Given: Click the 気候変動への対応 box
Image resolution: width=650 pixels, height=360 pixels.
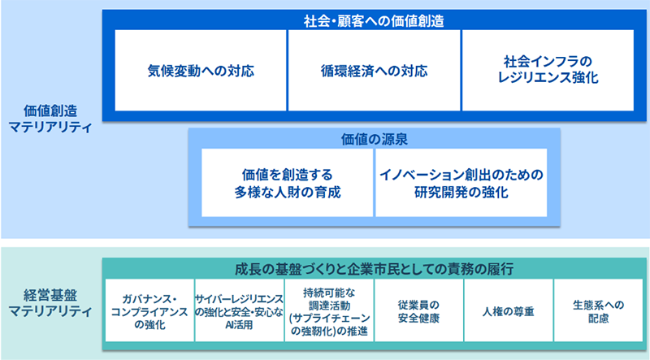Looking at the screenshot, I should [201, 70].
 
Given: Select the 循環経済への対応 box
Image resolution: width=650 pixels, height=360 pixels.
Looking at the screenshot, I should [374, 70].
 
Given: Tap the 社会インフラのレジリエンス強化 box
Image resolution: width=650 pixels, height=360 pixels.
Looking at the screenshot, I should [548, 70].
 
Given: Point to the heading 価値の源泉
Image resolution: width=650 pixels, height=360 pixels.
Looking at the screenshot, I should [374, 138].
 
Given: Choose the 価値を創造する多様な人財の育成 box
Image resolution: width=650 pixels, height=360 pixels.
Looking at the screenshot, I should [287, 183].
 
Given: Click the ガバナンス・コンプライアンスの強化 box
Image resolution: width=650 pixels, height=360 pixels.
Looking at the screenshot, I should [149, 313].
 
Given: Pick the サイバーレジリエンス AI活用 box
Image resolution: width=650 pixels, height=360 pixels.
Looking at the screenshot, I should [240, 313].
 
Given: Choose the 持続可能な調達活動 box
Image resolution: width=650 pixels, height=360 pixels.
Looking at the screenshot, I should [329, 313].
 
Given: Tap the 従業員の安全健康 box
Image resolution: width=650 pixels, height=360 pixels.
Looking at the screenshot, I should [418, 313].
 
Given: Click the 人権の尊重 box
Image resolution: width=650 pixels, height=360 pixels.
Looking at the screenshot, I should [508, 313].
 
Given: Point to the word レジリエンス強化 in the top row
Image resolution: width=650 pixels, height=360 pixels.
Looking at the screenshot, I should [548, 79].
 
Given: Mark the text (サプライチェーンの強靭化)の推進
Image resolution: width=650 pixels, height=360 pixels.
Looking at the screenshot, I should [329, 324].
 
